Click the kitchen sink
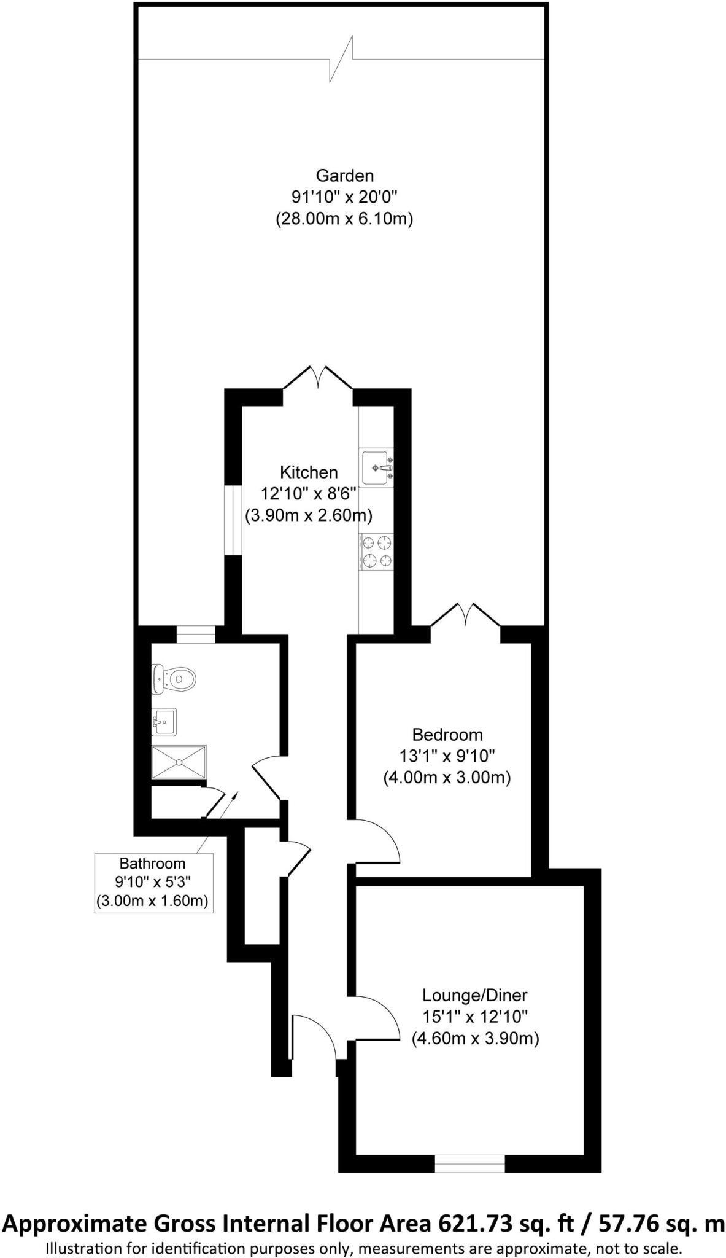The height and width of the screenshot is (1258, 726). coord(376,468)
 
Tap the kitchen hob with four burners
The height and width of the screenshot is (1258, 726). coord(376,551)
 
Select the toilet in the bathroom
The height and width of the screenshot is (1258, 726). coord(175,679)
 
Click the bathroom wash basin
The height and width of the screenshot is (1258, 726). coord(164,721)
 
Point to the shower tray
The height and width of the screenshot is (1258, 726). coord(179,762)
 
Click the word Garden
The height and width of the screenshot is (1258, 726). coord(344,176)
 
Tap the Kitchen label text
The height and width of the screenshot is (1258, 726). coord(309,472)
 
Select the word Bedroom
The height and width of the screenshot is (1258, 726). coord(447,735)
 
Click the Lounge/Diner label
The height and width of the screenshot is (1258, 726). coord(474,994)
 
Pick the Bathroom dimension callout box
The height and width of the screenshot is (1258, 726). coord(153,883)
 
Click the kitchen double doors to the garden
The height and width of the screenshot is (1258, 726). coord(318,377)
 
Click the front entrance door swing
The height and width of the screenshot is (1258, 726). coord(314,1036)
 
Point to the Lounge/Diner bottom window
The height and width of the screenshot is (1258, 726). coord(469,1163)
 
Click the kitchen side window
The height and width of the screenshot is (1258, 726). coord(233,520)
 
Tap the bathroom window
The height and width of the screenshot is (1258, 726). coord(195,635)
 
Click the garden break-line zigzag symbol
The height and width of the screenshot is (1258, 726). coord(342,59)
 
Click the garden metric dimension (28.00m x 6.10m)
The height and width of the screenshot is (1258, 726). coord(344,219)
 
